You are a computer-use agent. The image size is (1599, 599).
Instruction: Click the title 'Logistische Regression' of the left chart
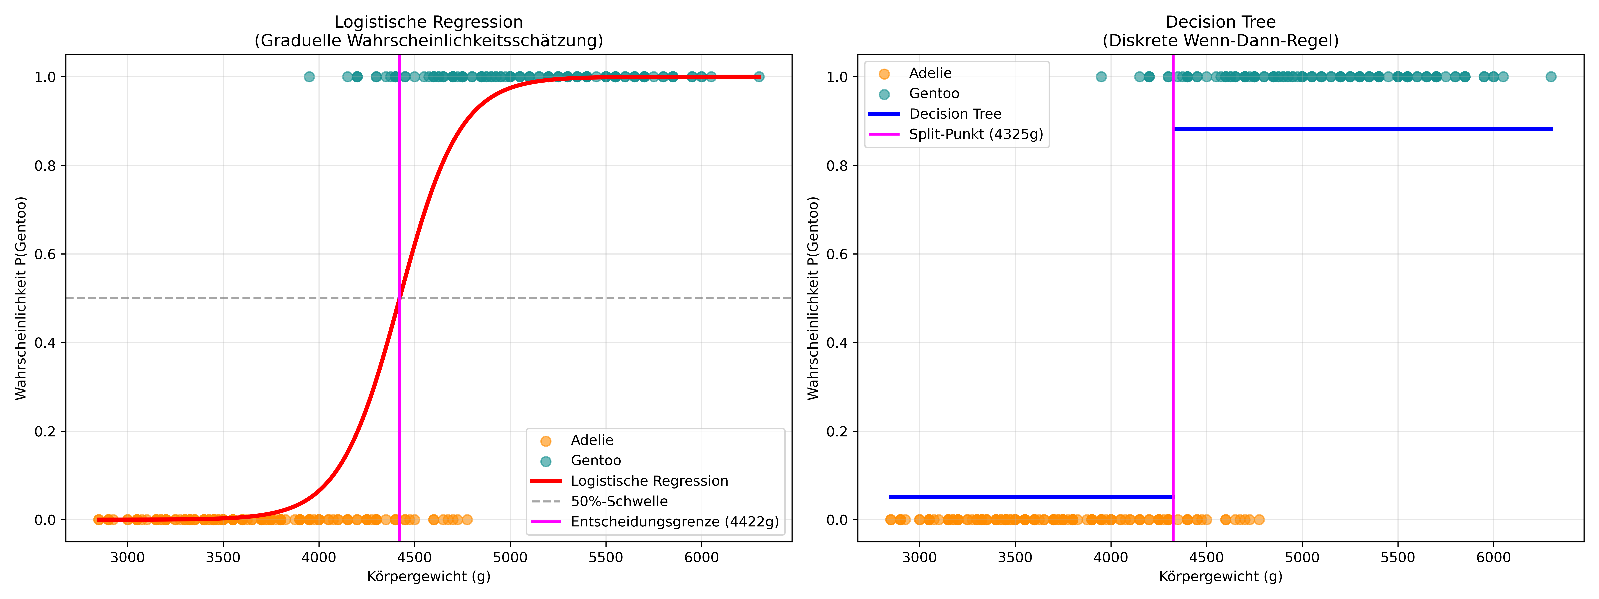(x=428, y=22)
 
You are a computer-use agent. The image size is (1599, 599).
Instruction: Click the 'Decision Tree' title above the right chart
(x=1220, y=22)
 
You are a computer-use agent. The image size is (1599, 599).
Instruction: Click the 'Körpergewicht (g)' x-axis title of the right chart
(x=1220, y=577)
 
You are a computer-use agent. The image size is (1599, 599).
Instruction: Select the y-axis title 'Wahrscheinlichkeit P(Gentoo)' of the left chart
(x=21, y=298)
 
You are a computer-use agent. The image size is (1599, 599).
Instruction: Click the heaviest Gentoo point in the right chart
(x=1551, y=77)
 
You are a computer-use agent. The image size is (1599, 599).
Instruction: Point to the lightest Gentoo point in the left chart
(x=309, y=77)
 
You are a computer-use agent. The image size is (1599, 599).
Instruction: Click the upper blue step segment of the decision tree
(x=1363, y=129)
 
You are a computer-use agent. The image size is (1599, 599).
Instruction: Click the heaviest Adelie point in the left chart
(x=467, y=520)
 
